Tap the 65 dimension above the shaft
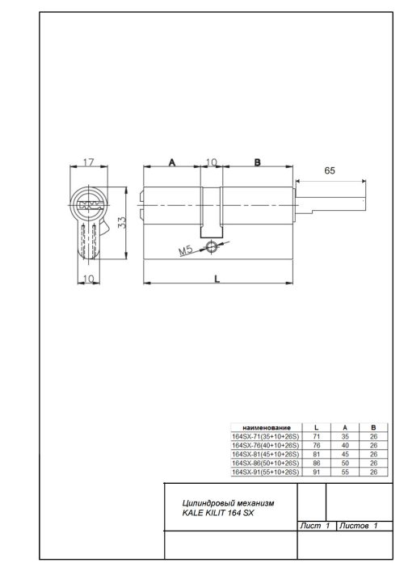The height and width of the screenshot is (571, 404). [330, 171]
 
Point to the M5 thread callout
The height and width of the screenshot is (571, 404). [185, 253]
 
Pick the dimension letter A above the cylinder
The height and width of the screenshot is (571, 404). [171, 162]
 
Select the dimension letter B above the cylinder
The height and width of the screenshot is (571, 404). [257, 162]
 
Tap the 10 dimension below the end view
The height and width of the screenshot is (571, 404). [88, 278]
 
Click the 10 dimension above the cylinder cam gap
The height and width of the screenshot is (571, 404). [212, 162]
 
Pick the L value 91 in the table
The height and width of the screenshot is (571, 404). [315, 472]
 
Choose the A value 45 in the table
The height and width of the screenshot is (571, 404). [345, 454]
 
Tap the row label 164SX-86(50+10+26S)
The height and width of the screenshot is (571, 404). [264, 464]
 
